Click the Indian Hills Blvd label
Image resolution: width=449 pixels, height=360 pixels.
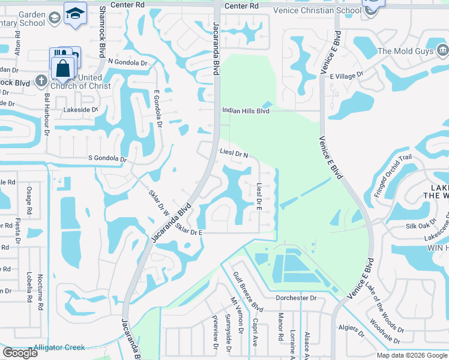point(246,110)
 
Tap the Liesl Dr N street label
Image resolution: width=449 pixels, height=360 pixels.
point(234,154)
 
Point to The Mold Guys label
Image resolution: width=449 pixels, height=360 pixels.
point(405,51)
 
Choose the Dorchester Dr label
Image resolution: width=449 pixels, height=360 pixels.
point(295,298)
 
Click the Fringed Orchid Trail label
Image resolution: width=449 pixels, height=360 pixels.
point(393,175)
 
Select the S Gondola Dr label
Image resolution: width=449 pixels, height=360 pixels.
point(107,160)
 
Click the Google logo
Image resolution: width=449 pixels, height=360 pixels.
point(20,353)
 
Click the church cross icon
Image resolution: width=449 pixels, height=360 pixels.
point(41,80)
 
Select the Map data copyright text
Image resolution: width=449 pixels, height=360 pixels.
point(412,355)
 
